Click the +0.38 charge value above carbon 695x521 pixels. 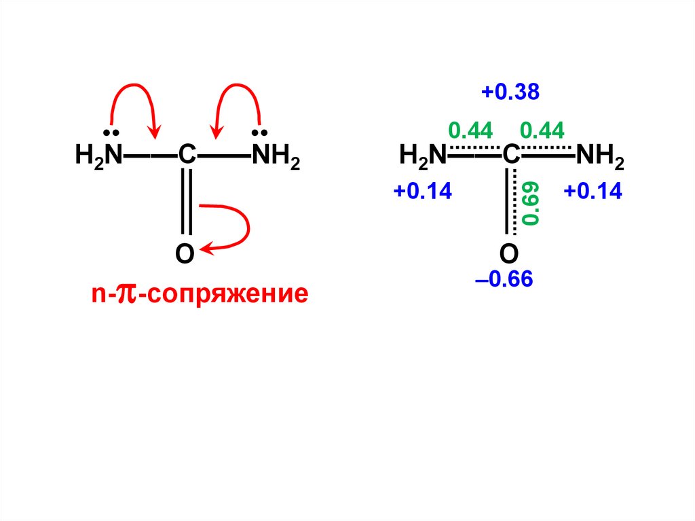tap(510, 93)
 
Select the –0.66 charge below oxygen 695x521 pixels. tap(504, 279)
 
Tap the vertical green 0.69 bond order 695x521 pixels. tap(532, 203)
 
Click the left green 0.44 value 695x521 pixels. tap(470, 130)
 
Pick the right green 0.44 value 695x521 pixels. tap(542, 130)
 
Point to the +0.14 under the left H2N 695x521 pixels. tap(422, 192)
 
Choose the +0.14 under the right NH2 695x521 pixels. tap(593, 192)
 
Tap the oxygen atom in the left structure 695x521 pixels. tap(185, 254)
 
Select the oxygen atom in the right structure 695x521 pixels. tap(509, 254)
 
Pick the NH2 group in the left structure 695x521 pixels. tap(276, 158)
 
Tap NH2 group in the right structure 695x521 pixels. tap(600, 158)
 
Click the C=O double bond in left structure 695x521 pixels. tap(186, 204)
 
